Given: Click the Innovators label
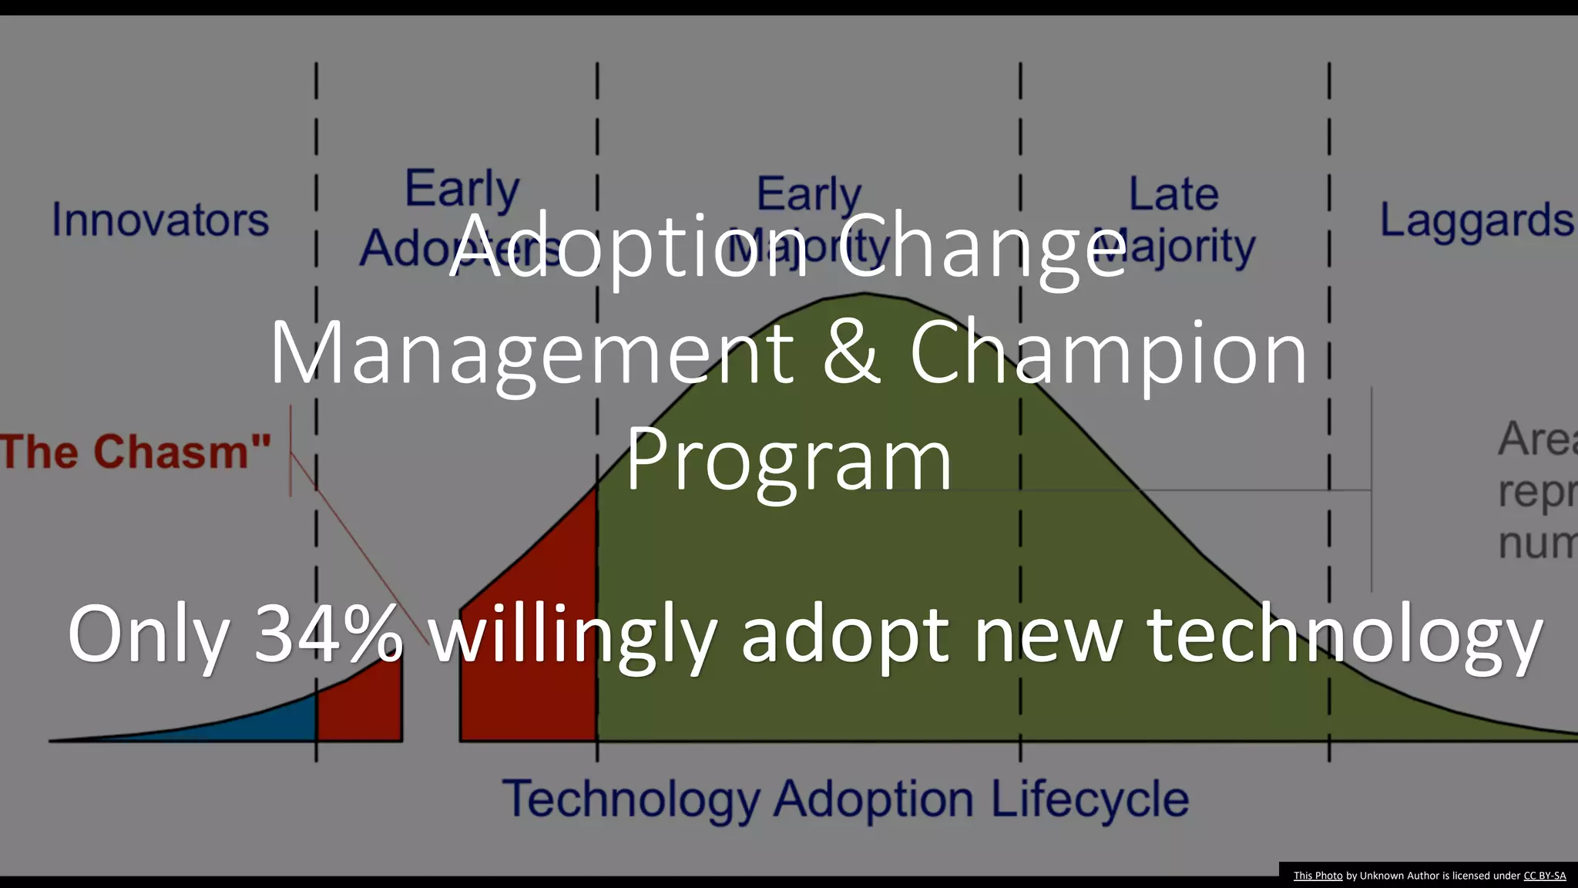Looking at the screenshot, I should [x=160, y=220].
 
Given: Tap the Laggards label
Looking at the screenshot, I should [x=1476, y=220].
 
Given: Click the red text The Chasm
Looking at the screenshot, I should [x=135, y=452].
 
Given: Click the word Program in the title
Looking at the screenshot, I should [x=788, y=460].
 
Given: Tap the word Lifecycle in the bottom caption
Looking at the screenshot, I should [x=1089, y=799].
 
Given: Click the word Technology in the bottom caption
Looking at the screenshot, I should [x=631, y=800].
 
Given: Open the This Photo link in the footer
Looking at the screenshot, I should [x=1318, y=876].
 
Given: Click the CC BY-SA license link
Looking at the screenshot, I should [x=1544, y=876].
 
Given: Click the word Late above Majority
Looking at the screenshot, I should [x=1173, y=193].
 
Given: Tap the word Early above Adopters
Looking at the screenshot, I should [x=462, y=188].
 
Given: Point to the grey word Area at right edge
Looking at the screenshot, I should [x=1537, y=439].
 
